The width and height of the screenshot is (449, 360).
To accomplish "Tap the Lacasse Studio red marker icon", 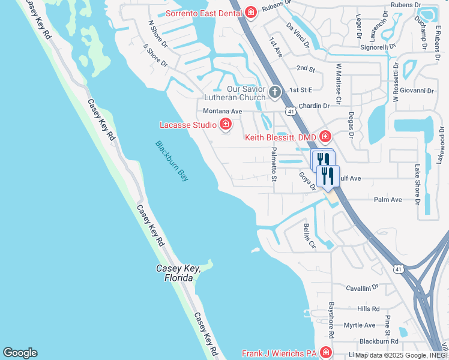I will (x=226, y=125).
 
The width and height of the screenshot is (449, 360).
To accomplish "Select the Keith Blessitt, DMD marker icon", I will (x=325, y=137).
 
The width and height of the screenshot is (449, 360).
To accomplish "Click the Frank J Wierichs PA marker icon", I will (x=326, y=353).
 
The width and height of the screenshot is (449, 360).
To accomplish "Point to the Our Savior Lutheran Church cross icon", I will (x=275, y=92).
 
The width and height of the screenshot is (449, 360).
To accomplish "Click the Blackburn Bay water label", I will (x=172, y=161).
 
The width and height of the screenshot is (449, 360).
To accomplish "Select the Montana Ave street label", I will (x=222, y=112).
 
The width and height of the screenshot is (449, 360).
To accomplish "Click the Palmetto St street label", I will (x=274, y=164).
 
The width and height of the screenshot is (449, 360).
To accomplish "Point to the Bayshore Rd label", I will (x=331, y=319).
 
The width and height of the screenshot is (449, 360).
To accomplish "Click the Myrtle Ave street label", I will (x=359, y=325).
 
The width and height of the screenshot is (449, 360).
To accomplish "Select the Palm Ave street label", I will (x=387, y=200).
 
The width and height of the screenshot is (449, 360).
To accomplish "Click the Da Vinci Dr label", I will (x=298, y=35).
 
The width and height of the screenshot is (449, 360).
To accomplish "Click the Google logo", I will (x=20, y=353).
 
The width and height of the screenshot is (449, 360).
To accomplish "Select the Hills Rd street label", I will (x=368, y=308).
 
